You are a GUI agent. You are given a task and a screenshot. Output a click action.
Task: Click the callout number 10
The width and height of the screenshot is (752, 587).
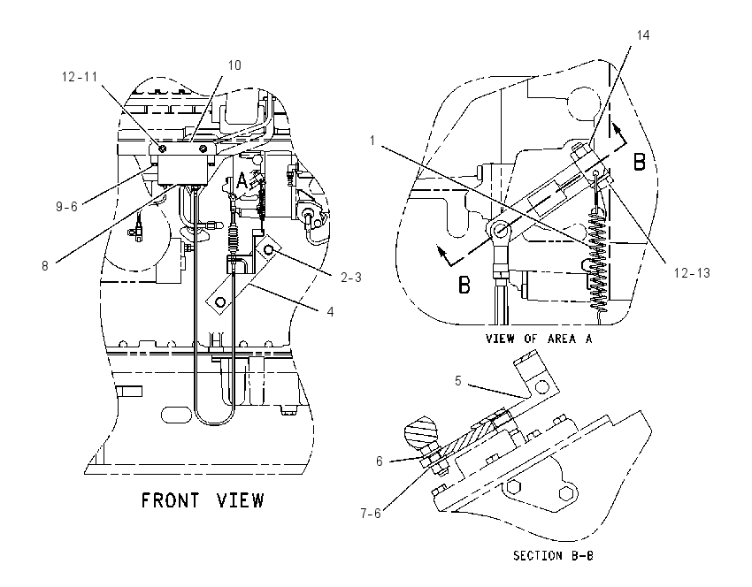[x=234, y=65]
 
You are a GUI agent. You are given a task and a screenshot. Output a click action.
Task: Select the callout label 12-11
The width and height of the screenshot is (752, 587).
[x=80, y=77]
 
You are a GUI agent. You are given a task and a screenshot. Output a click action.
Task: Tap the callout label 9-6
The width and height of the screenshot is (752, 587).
[x=66, y=207]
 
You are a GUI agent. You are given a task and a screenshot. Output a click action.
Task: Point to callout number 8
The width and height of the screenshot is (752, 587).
[x=45, y=266]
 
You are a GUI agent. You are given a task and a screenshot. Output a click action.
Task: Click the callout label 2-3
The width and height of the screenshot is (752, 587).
[x=351, y=278]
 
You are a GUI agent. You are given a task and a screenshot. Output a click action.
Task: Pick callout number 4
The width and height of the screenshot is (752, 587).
[x=331, y=312]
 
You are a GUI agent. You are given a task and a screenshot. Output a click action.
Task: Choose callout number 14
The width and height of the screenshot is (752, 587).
[x=643, y=35]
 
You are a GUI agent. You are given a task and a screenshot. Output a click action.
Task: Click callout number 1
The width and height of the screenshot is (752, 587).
[x=372, y=141]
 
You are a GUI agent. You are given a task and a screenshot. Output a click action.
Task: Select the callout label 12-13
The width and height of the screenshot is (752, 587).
[x=692, y=273]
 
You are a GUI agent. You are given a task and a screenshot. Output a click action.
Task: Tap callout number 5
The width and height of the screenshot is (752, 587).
[x=458, y=380]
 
